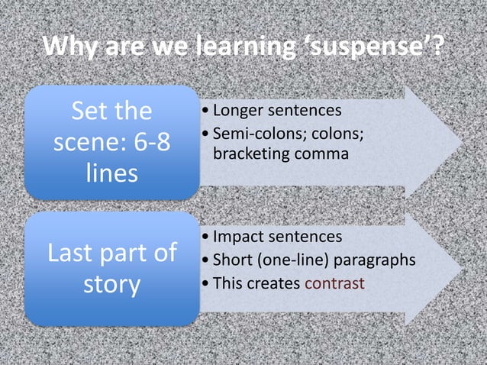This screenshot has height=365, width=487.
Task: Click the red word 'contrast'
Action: coord(334,283)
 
